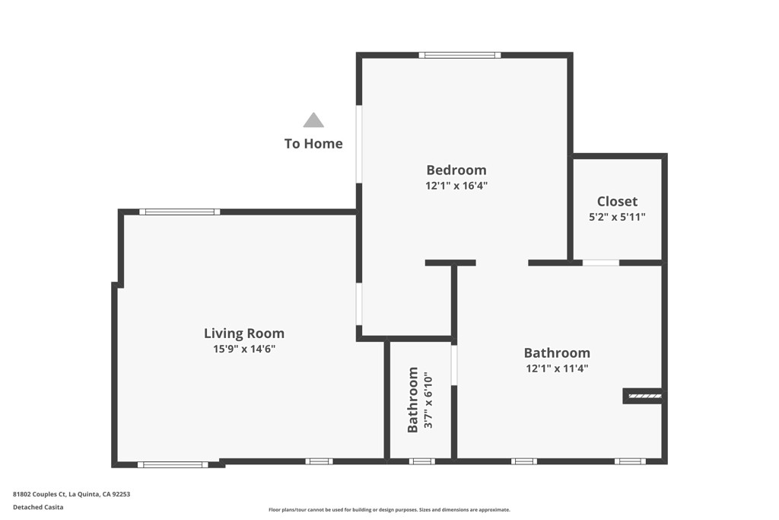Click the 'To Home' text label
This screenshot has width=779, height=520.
(x=313, y=143)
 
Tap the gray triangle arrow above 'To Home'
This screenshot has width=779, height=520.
(x=313, y=120)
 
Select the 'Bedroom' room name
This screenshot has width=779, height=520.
(x=456, y=170)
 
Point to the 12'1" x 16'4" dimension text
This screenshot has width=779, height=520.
(x=456, y=185)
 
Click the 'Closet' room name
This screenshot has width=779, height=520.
(x=617, y=201)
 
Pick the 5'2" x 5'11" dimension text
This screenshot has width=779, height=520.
(x=617, y=217)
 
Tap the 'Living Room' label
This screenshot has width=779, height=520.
(x=244, y=333)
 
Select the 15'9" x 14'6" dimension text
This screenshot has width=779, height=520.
(x=244, y=349)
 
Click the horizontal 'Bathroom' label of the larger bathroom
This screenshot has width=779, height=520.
(x=557, y=353)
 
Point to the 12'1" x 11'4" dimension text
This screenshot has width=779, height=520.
(x=557, y=368)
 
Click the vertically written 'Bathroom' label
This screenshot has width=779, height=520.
(x=413, y=400)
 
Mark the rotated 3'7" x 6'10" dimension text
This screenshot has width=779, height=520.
(x=428, y=400)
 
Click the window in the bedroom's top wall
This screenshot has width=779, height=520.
(x=459, y=55)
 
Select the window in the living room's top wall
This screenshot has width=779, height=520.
(x=180, y=212)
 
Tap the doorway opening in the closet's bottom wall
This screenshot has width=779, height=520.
(x=601, y=263)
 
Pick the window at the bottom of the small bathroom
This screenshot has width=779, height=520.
(x=421, y=461)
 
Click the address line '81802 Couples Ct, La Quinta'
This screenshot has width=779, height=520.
(x=72, y=494)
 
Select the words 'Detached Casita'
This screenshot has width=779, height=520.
(x=38, y=507)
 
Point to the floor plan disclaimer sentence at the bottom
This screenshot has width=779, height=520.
(x=389, y=510)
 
